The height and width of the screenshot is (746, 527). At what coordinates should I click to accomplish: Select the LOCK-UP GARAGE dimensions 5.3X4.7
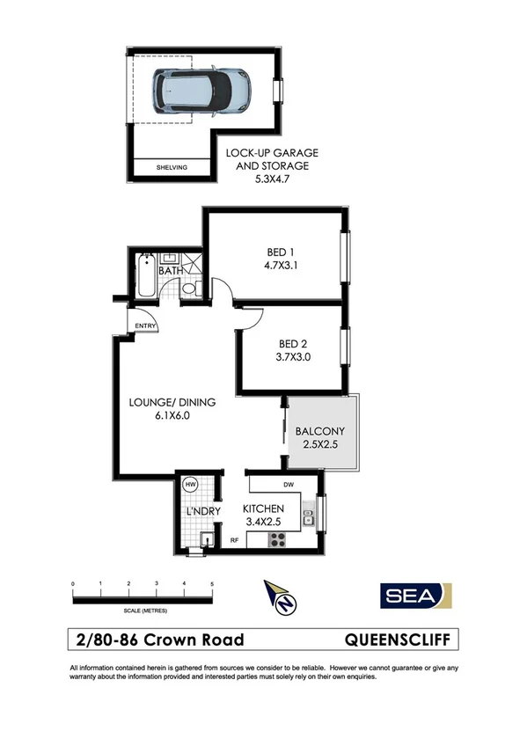point(272,178)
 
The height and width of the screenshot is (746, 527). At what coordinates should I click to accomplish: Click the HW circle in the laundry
point(188,484)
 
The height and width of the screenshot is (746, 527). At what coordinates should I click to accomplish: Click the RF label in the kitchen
point(235,540)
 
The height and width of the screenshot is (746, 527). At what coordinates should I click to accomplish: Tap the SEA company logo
point(415,596)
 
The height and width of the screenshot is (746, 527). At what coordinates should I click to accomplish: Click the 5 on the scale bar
point(212,584)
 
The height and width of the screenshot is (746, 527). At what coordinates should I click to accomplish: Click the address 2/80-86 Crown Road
point(160,640)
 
